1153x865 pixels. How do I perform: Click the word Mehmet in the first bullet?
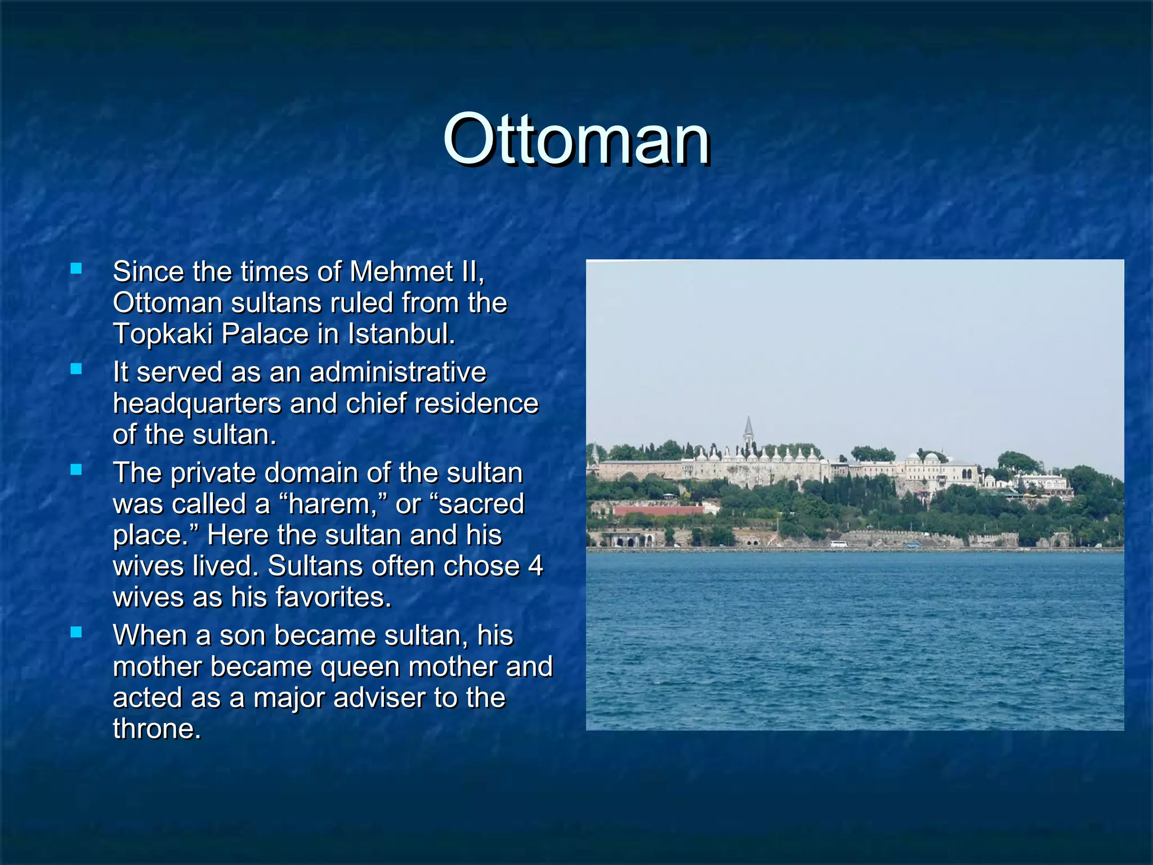401,272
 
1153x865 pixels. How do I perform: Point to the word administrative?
397,372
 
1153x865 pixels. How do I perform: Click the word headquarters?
196,404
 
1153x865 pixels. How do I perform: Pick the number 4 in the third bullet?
535,566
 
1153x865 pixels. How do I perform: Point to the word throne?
156,729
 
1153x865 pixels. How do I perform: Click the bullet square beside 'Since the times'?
76,269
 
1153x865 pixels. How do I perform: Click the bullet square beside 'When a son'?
76,632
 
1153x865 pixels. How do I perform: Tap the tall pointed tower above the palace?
748,431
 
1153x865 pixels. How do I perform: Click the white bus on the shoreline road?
838,544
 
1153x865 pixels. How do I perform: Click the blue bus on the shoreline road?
913,545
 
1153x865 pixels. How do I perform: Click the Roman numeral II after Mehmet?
471,272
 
